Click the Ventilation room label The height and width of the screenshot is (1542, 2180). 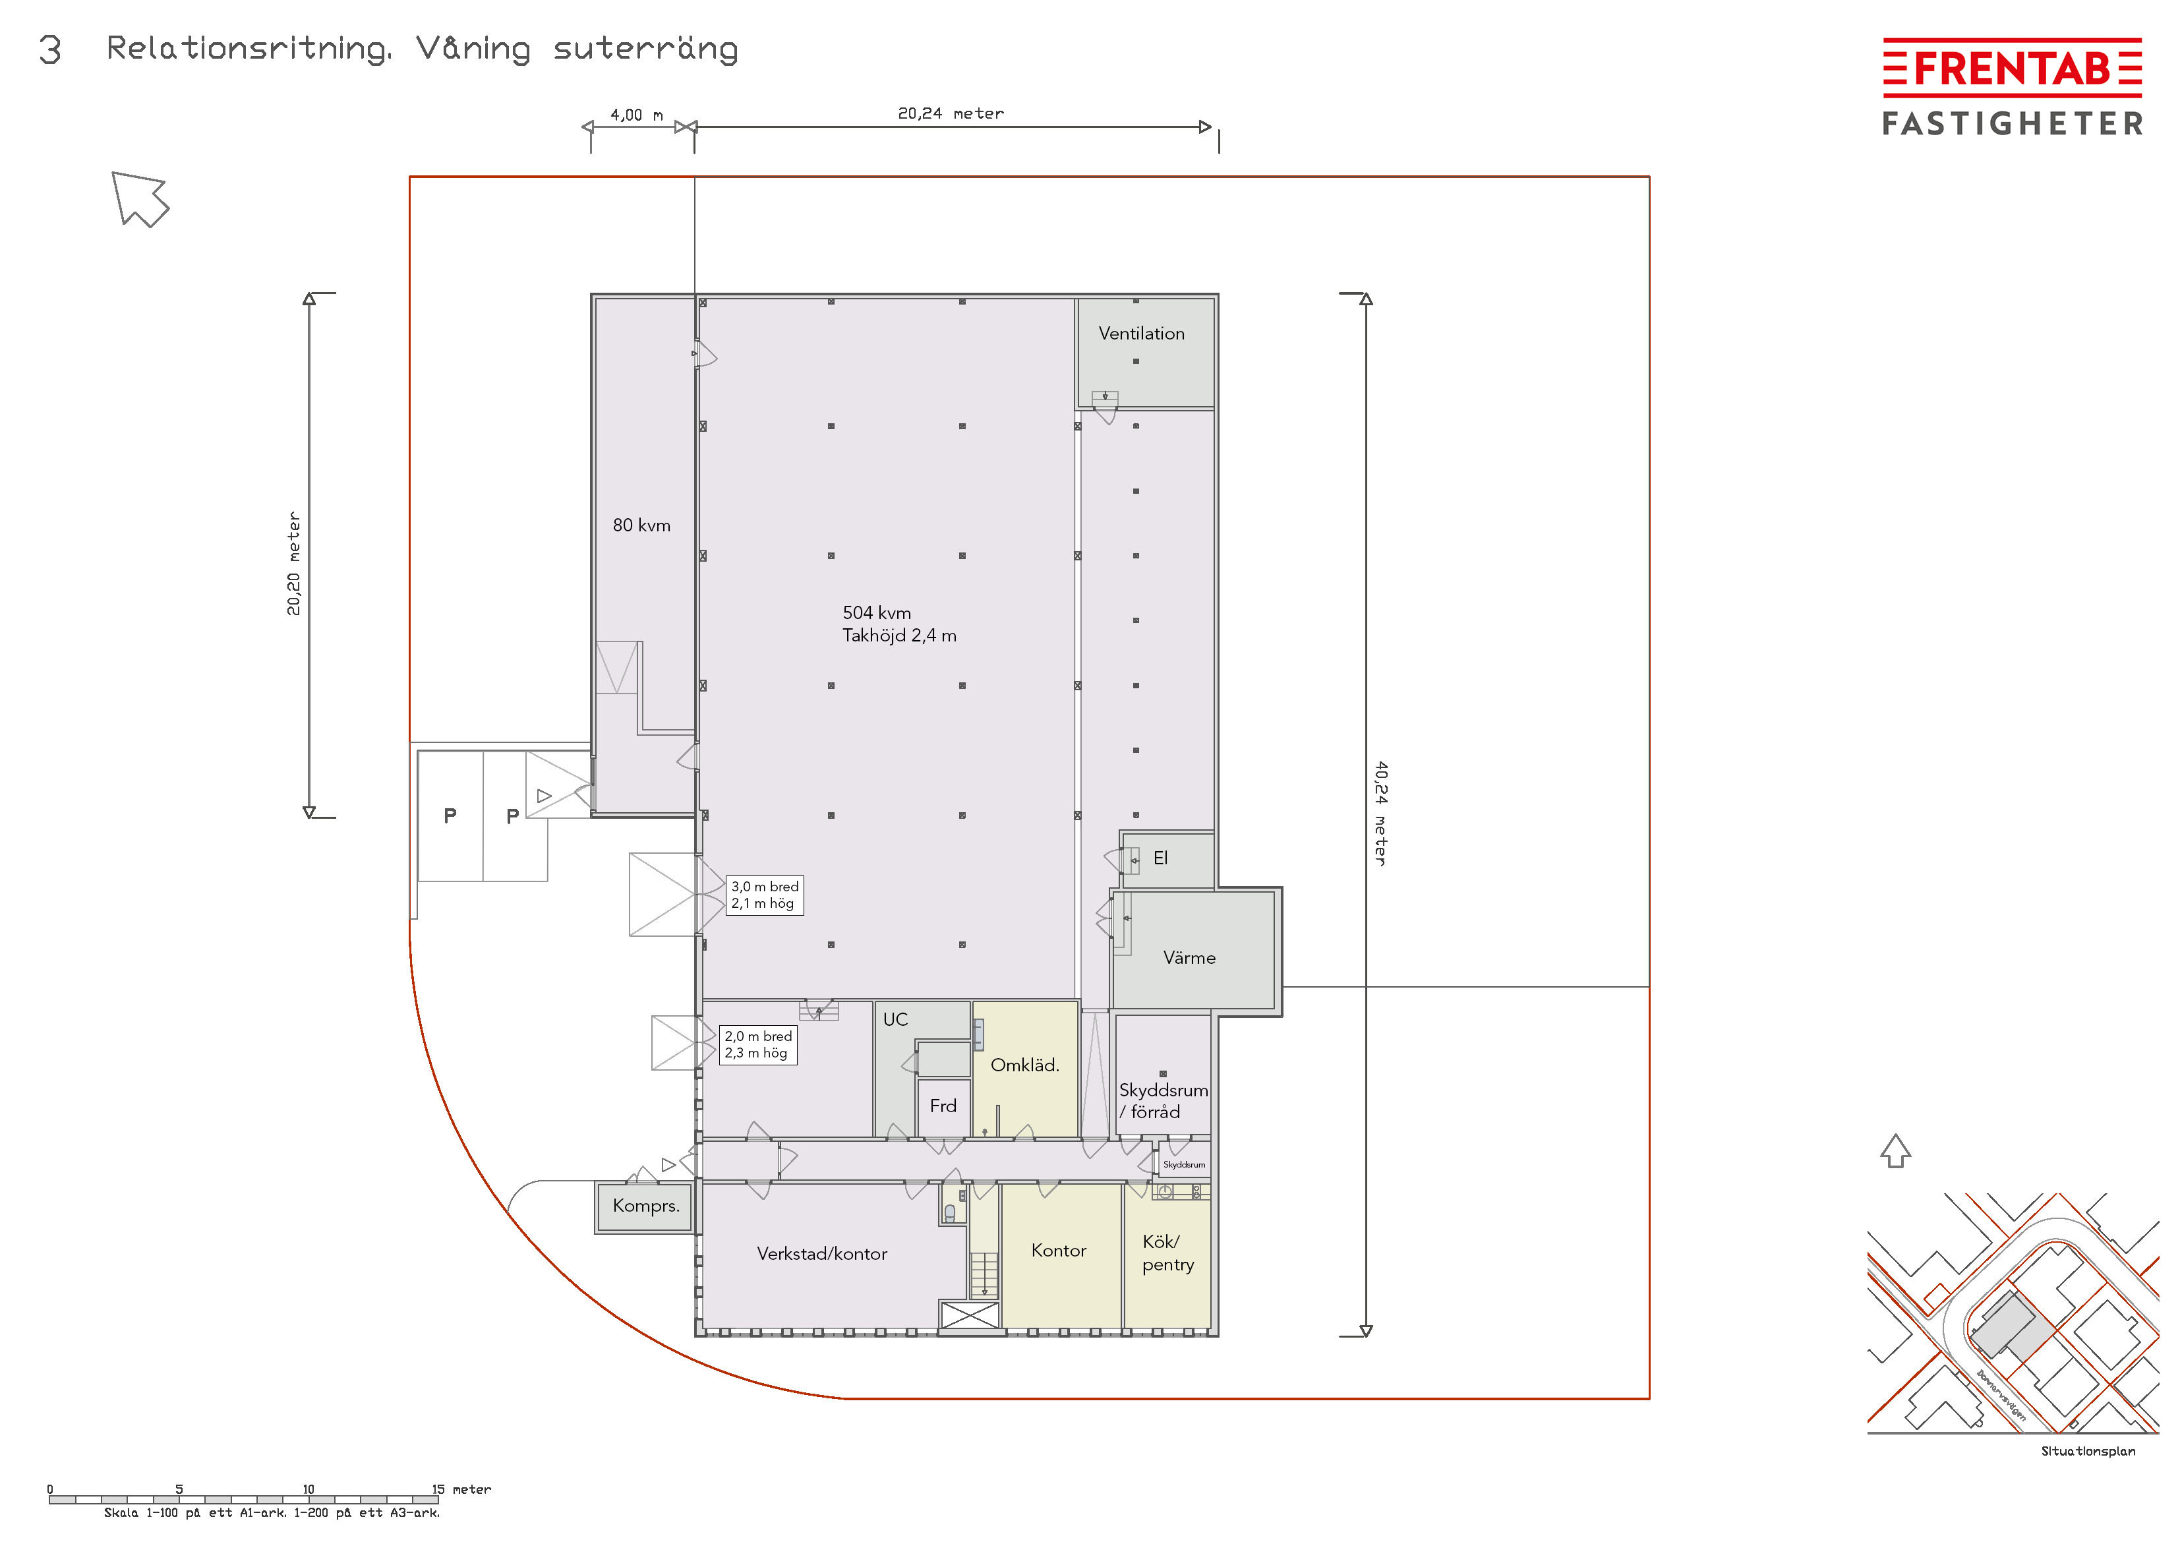[x=1141, y=334]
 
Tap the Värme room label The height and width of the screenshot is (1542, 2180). [x=1189, y=958]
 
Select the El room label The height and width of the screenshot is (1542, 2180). [x=1160, y=858]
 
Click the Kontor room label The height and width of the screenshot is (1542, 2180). [x=1059, y=1251]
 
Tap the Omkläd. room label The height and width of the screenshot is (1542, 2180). [x=1024, y=1065]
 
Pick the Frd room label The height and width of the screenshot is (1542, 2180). [x=943, y=1106]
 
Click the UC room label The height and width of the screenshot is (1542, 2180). [x=895, y=1020]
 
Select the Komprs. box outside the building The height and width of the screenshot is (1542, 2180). [x=645, y=1206]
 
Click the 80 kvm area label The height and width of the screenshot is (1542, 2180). [x=642, y=525]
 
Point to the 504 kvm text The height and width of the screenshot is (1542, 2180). [x=876, y=613]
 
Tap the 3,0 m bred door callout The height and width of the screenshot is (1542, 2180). [x=764, y=895]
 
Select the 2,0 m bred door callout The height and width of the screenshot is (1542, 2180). [x=757, y=1044]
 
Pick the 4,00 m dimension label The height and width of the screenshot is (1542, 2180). [x=636, y=115]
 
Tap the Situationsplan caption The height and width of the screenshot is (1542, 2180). [x=2088, y=1451]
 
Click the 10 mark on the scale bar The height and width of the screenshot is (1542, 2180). [x=309, y=1489]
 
